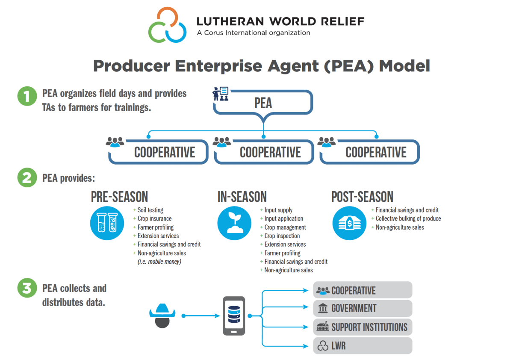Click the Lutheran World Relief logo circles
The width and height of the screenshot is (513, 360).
pos(167,25)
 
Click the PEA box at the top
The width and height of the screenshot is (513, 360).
pos(263,103)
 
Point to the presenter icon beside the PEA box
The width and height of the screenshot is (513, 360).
pos(221,94)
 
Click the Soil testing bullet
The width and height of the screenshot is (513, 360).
pos(150,210)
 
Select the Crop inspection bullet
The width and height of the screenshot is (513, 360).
pos(282,236)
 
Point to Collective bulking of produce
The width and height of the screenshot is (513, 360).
pos(408,218)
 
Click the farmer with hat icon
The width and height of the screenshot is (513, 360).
pos(162,316)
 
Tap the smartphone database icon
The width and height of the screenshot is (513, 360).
pos(234,316)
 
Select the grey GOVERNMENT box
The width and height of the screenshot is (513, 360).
pos(363,308)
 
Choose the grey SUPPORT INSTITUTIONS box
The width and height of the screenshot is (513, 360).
pos(363,327)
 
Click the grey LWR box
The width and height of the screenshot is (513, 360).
pos(363,345)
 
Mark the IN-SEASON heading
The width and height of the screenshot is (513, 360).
pos(242,197)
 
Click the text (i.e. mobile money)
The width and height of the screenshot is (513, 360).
pos(159,262)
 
